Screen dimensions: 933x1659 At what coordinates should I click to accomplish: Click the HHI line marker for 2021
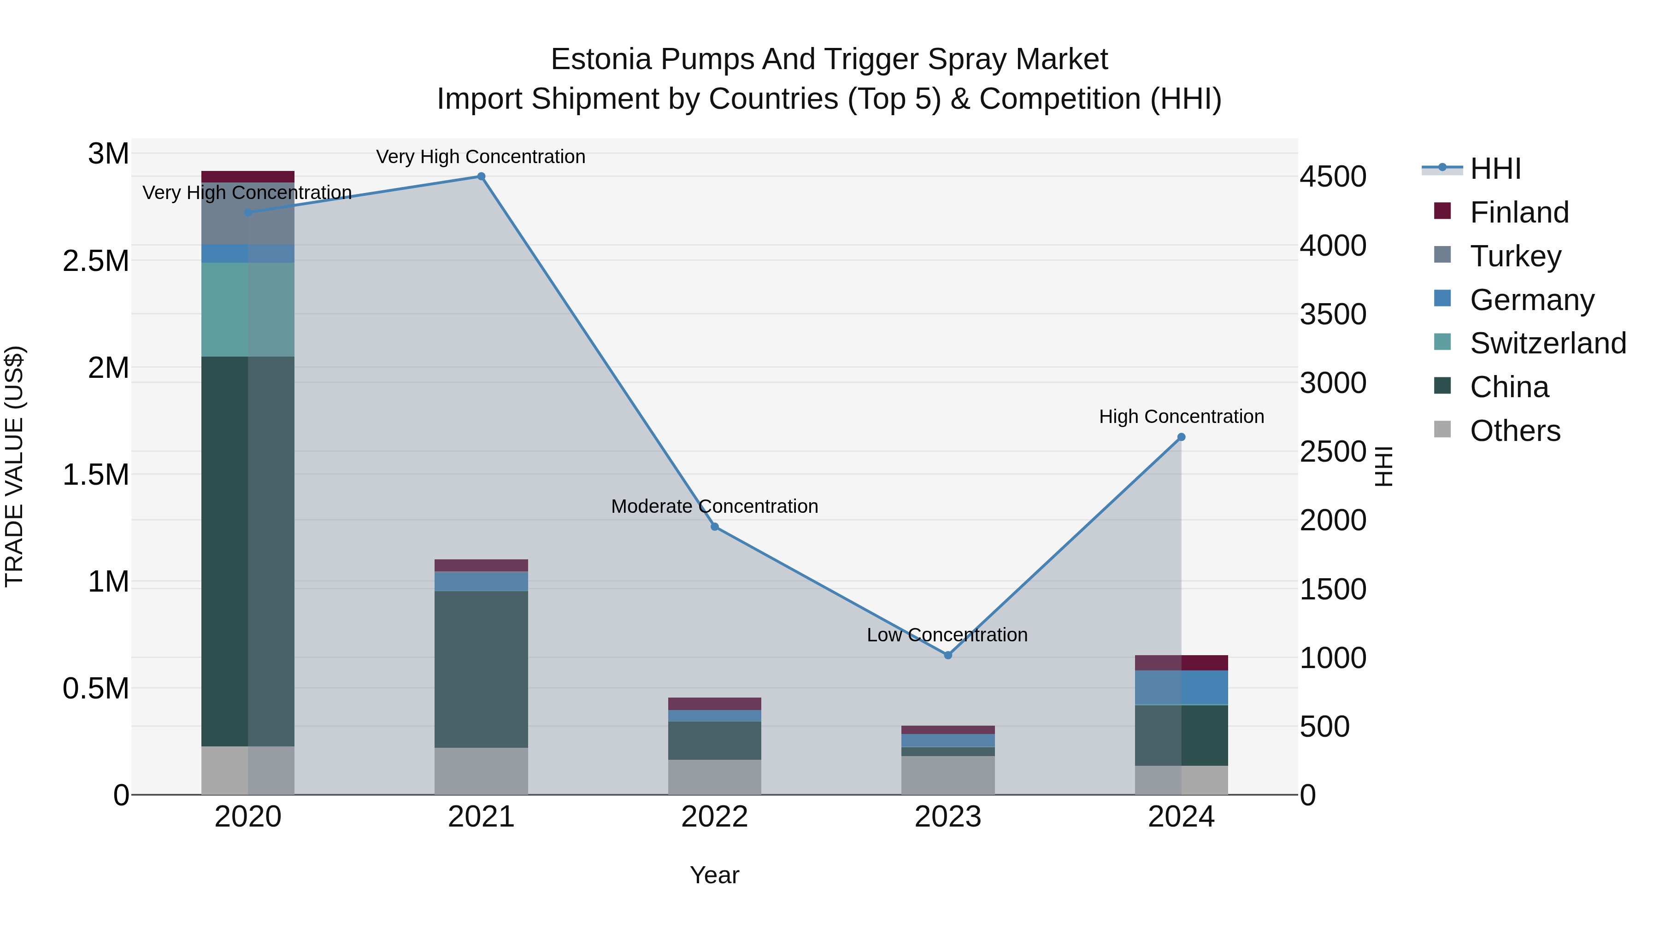coord(481,176)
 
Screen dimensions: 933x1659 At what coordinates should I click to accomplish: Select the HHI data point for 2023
coord(947,655)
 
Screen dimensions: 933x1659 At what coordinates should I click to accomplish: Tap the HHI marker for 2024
coord(1181,437)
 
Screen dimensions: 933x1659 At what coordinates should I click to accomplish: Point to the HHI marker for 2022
coord(714,527)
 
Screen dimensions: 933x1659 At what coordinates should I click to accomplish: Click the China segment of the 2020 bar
coord(248,551)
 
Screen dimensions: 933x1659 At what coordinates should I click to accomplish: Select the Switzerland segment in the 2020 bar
coord(248,309)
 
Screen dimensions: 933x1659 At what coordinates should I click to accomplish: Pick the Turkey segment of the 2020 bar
coord(248,214)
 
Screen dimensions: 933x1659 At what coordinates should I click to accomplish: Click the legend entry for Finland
coord(1518,212)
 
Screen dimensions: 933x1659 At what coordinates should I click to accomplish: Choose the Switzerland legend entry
coord(1547,343)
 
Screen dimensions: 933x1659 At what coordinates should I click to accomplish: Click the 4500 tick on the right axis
coord(1332,177)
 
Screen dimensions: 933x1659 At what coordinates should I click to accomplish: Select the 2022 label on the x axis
coord(714,817)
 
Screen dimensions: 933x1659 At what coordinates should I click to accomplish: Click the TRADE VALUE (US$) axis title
coord(14,466)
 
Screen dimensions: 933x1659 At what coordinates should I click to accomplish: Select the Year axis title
coord(714,875)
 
